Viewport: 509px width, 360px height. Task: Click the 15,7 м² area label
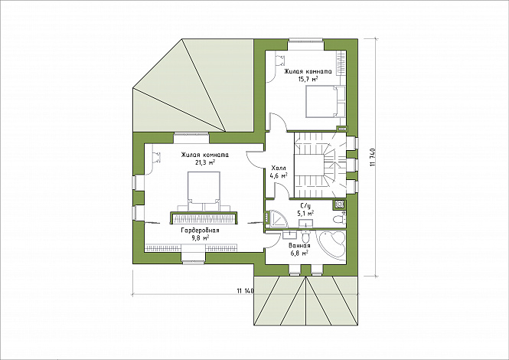(x=308, y=79)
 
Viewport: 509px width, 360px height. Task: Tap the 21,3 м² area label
(x=205, y=162)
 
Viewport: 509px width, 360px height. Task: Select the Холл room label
(x=279, y=169)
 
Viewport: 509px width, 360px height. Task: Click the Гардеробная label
(x=200, y=231)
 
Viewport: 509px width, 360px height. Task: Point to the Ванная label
(x=299, y=246)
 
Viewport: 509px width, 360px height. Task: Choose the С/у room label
(x=305, y=206)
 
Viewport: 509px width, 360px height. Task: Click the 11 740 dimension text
(x=372, y=158)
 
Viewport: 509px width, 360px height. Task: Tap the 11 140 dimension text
(x=245, y=291)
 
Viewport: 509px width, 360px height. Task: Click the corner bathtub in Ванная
(x=331, y=245)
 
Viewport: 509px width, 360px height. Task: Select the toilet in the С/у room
(x=339, y=218)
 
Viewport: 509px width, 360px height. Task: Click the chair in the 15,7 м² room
(x=280, y=61)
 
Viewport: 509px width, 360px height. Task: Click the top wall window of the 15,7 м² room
(x=306, y=41)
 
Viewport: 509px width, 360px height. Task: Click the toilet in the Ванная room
(x=305, y=235)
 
